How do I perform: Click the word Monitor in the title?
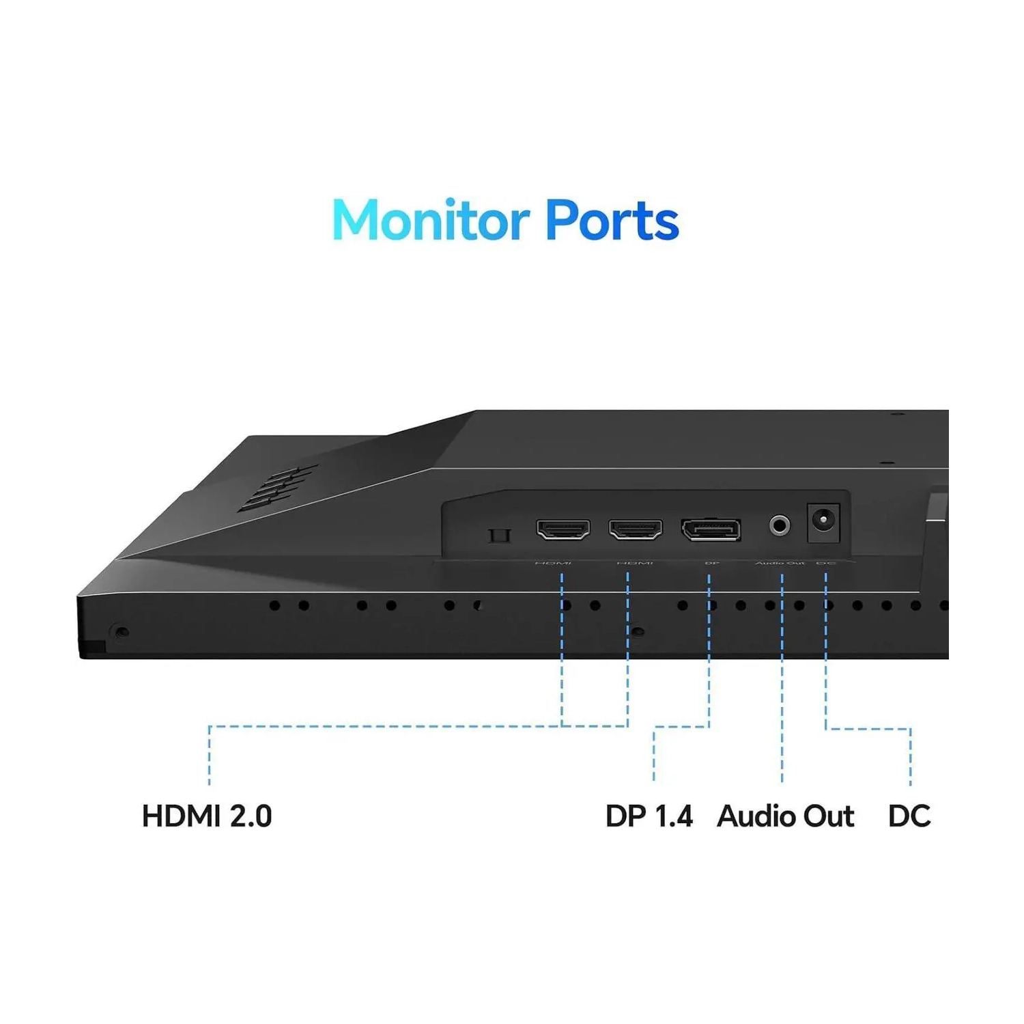[431, 220]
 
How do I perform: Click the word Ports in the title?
[612, 220]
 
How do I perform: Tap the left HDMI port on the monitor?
[563, 529]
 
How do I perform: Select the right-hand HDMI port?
[636, 529]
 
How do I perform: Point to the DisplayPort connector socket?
[711, 529]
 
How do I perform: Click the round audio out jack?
[780, 525]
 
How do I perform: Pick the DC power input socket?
[823, 522]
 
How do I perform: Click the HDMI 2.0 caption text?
[207, 816]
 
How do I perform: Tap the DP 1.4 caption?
[649, 816]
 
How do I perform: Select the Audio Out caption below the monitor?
[785, 816]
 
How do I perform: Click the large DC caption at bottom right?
[909, 816]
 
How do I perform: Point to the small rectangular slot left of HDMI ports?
[500, 535]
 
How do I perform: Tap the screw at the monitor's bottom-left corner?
[122, 632]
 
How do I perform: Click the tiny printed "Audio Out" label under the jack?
[780, 563]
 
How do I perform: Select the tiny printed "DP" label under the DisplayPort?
[711, 563]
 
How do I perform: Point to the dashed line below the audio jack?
[782, 683]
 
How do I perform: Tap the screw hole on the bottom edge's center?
[638, 632]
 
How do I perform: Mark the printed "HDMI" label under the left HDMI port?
[553, 563]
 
